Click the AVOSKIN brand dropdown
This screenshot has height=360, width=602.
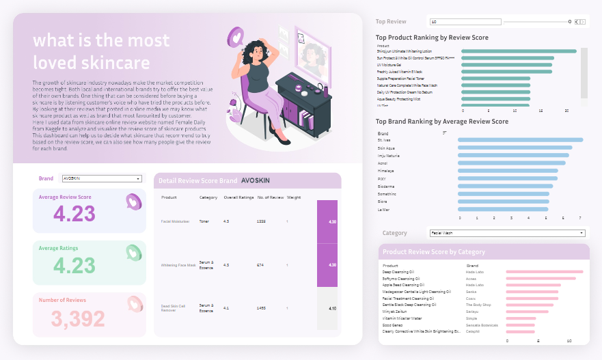(x=101, y=178)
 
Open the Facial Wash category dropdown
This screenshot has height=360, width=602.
(x=506, y=233)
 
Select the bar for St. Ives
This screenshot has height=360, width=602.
(x=519, y=140)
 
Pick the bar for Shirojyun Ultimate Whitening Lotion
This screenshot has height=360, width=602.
(x=519, y=51)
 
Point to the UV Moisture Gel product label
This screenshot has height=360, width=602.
(x=389, y=65)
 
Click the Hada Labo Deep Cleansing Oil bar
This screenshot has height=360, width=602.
(x=545, y=272)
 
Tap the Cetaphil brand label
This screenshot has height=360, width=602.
(x=473, y=331)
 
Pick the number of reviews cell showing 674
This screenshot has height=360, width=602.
(x=260, y=265)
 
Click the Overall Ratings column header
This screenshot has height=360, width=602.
(x=234, y=197)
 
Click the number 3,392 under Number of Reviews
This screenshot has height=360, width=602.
(x=79, y=318)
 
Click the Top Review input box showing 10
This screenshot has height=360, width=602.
(x=465, y=22)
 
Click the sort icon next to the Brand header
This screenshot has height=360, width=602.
(x=445, y=133)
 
